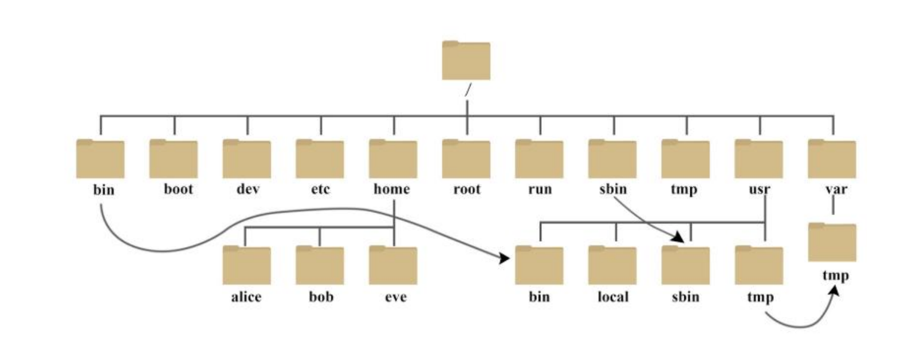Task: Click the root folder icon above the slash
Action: pos(466,60)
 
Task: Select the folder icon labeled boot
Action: pos(173,159)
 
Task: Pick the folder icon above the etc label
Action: pos(319,159)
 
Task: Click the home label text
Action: pos(392,190)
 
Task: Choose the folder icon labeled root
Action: pos(466,159)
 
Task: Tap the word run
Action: pos(539,190)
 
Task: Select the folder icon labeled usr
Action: pos(758,159)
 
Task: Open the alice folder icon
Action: pos(246,265)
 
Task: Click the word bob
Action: pos(320,297)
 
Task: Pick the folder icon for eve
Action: pos(392,265)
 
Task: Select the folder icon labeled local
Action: pos(612,265)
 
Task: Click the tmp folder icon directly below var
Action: pos(832,242)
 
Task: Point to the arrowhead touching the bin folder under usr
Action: pos(503,258)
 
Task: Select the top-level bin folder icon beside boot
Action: pos(100,159)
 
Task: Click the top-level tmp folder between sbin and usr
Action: pos(686,159)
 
